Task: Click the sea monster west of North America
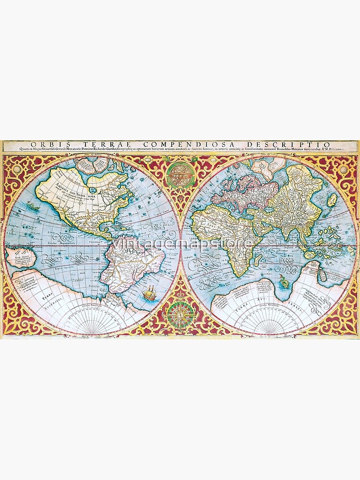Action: [34, 207]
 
